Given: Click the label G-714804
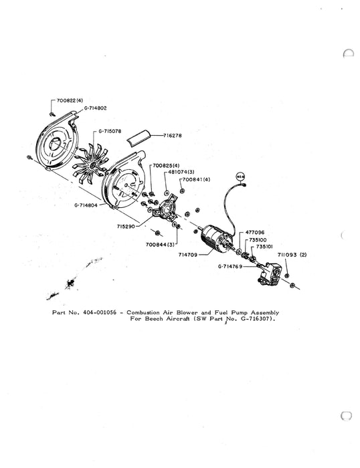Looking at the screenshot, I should [86, 206].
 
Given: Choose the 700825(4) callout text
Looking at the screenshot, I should [167, 165].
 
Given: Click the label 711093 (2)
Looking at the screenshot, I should [292, 255].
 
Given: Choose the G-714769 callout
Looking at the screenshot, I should [232, 266].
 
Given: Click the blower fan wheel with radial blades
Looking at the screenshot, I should [90, 161].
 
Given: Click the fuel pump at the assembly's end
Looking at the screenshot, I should [270, 275].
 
